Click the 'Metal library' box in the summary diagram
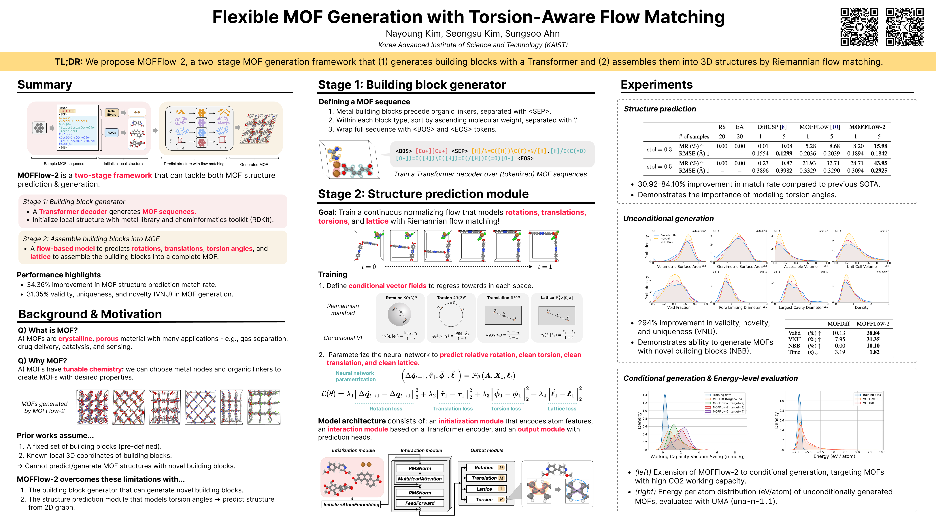pyautogui.click(x=112, y=113)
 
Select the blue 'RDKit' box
pyautogui.click(x=112, y=133)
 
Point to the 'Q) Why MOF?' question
pyautogui.click(x=43, y=361)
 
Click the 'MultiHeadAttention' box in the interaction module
pyautogui.click(x=420, y=479)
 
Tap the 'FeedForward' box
pyautogui.click(x=420, y=503)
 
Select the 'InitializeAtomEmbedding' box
pyautogui.click(x=351, y=504)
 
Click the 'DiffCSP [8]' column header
pyautogui.click(x=772, y=127)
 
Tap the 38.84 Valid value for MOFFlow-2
pyautogui.click(x=873, y=333)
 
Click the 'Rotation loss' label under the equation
pyautogui.click(x=386, y=408)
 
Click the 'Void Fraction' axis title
pyautogui.click(x=678, y=307)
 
